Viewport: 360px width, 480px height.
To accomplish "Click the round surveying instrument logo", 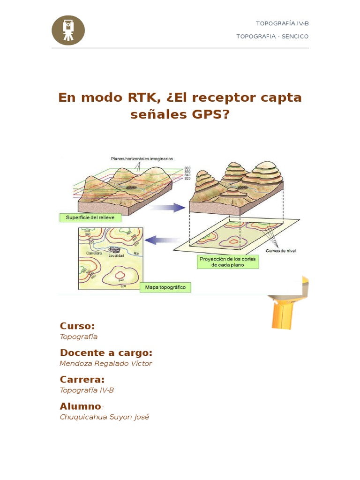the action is [x=68, y=30].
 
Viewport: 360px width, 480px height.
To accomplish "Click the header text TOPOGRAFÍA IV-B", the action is [x=282, y=23].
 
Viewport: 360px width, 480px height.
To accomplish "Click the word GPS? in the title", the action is [x=211, y=114].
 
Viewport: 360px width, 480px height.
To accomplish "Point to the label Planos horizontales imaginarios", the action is [x=142, y=159].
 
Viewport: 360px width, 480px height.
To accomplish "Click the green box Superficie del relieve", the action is [x=90, y=217].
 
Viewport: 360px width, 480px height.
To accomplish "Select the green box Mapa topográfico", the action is [x=165, y=287].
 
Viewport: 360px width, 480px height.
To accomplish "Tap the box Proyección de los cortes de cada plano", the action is [x=228, y=262].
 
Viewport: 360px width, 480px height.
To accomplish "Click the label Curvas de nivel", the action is [x=281, y=251].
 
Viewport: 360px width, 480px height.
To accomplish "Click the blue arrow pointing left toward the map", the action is [x=157, y=240].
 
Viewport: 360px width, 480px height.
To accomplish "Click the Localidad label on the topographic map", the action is [x=116, y=255].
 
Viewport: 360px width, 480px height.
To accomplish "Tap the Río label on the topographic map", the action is [x=137, y=253].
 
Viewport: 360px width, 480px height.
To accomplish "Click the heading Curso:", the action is [x=77, y=326].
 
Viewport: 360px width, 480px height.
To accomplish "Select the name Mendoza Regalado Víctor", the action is [x=106, y=363].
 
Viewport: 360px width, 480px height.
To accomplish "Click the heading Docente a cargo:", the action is [x=106, y=353].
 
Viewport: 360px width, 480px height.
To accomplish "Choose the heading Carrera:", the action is [x=82, y=379].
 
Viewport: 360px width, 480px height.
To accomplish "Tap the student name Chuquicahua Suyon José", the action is [x=105, y=417].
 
